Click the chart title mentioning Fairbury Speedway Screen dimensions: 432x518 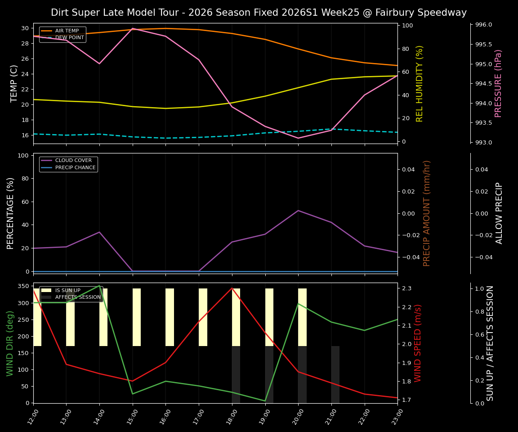pos(259,13)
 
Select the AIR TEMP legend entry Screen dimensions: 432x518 pos(67,31)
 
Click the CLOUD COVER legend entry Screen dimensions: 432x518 pos(73,161)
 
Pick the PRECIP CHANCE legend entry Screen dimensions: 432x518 pos(75,168)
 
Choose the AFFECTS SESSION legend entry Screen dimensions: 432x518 pos(78,297)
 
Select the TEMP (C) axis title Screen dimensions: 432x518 pos(14,83)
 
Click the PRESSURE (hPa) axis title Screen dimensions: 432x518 pos(498,83)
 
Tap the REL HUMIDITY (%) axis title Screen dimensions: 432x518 pos(420,83)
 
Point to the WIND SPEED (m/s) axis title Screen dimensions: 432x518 pos(418,343)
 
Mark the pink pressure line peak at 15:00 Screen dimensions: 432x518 pos(133,28)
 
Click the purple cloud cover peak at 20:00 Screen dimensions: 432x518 pos(298,210)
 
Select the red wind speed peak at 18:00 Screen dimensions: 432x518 pos(232,288)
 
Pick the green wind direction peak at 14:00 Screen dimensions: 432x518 pos(99,285)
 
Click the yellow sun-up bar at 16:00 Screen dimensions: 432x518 pos(170,317)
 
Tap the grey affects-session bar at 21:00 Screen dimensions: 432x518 pos(335,374)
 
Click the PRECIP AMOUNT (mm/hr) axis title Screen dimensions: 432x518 pos(427,213)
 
